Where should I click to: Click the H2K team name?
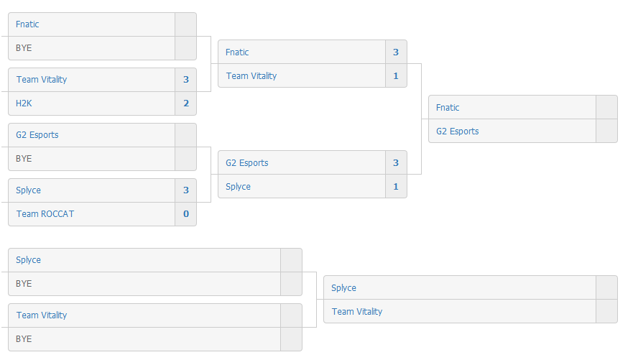pos(24,103)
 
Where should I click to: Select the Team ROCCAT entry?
pos(45,214)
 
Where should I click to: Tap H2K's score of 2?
pos(186,103)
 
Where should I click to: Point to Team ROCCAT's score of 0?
pos(186,214)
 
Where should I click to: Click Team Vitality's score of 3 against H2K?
pos(186,80)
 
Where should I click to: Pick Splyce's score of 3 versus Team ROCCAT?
pos(186,190)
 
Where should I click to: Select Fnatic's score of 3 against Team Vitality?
pos(396,52)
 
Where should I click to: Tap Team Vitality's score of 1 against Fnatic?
pos(396,76)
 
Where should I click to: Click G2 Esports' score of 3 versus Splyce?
pos(396,162)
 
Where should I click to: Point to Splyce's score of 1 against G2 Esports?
pos(396,186)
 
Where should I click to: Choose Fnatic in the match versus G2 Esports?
pos(448,107)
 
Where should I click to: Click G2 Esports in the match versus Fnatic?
pos(458,131)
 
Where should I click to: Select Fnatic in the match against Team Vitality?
pos(237,52)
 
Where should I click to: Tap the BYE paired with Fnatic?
pos(24,48)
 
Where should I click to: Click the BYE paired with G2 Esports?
pos(24,159)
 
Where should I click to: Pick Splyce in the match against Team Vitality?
pos(344,287)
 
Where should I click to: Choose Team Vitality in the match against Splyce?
pos(357,312)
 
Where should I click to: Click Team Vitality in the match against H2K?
pos(42,80)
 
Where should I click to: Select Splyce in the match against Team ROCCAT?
pos(28,190)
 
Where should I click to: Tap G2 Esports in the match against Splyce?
pos(247,162)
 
